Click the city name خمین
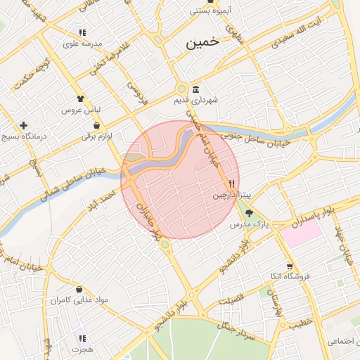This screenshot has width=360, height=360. [x=203, y=43]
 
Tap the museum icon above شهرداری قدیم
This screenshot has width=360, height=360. [x=195, y=89]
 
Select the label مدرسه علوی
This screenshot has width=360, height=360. [x=83, y=44]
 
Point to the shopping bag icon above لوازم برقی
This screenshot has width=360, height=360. [x=96, y=125]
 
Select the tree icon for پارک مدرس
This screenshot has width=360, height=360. [x=250, y=213]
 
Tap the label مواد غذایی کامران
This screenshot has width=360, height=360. [x=79, y=300]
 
